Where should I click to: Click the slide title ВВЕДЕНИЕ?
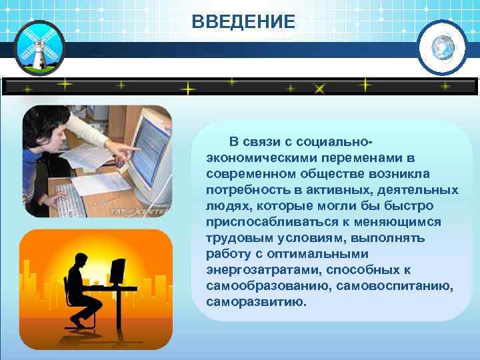tap(243, 22)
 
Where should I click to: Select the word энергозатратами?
tap(256, 270)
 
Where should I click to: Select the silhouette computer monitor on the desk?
tap(118, 272)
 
